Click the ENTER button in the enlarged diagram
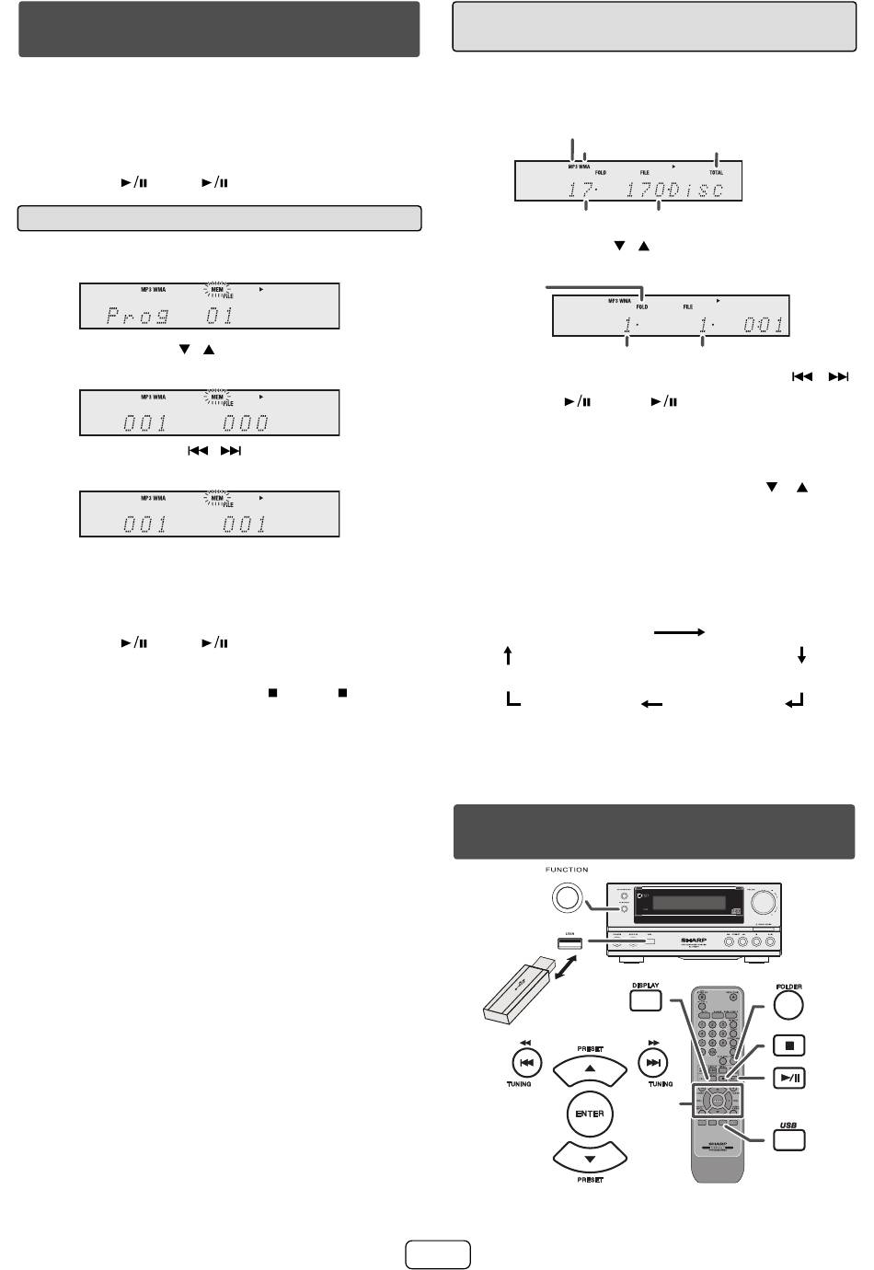[590, 1114]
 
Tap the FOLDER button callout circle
[788, 1004]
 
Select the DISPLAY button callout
[645, 1000]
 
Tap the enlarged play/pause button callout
[789, 1078]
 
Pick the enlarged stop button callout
[788, 1045]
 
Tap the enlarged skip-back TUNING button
[525, 1063]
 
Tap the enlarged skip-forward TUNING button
[653, 1063]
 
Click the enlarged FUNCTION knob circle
[568, 895]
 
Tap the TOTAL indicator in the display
[716, 172]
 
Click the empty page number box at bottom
[437, 1254]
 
